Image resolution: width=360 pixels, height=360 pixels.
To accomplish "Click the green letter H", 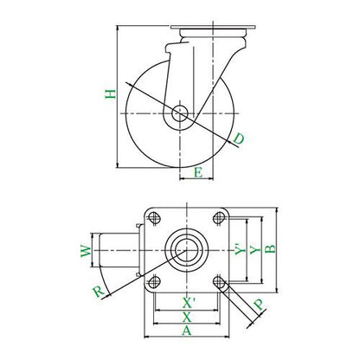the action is coord(110,94).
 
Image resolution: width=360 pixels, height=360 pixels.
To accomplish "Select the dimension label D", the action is coord(239,138).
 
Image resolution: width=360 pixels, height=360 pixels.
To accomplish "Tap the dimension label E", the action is coord(198,173).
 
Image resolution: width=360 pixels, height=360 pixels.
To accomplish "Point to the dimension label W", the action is coord(86,251).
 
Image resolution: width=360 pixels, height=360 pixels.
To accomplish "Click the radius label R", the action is coord(99,292).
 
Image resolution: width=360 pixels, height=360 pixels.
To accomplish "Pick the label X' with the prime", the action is coord(189,303).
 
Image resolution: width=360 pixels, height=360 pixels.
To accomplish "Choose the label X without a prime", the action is coord(187,318).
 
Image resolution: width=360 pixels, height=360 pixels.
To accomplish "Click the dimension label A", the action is coord(187,331).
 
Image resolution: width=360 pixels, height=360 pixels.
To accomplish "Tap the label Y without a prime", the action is coord(255,250).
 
